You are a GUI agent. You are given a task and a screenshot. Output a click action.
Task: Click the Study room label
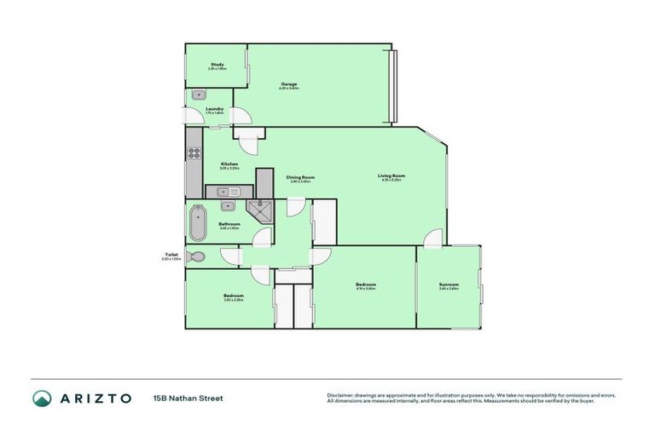pyautogui.click(x=217, y=65)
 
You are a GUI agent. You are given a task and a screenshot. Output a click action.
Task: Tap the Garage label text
pyautogui.click(x=288, y=83)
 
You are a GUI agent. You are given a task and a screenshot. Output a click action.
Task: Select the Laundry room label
pyautogui.click(x=214, y=109)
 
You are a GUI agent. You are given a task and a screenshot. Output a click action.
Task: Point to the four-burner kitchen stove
pyautogui.click(x=194, y=154)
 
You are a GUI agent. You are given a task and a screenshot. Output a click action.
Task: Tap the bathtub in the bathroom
pyautogui.click(x=196, y=223)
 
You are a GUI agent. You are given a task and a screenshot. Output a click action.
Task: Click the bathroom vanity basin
pyautogui.click(x=228, y=205)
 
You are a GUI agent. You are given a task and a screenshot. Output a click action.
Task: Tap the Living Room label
pyautogui.click(x=390, y=176)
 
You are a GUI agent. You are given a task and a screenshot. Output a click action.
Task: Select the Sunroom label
pyautogui.click(x=449, y=284)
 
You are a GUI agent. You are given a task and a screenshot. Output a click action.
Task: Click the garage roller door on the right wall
pyautogui.click(x=393, y=85)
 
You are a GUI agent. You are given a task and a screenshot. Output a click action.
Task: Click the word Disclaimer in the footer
pyautogui.click(x=342, y=395)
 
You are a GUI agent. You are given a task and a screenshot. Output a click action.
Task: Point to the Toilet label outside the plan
pyautogui.click(x=171, y=255)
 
